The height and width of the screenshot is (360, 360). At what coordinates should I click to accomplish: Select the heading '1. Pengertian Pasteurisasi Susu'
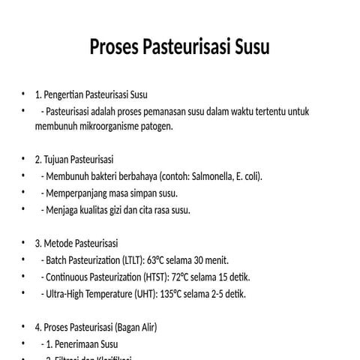[91, 95]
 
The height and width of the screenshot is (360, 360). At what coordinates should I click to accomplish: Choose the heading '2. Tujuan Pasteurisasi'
[74, 160]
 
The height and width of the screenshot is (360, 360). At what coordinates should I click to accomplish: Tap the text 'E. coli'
[248, 178]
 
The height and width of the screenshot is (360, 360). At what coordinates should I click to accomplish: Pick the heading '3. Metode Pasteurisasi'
[76, 244]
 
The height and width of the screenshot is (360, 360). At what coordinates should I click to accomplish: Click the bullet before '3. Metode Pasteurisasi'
[24, 244]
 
